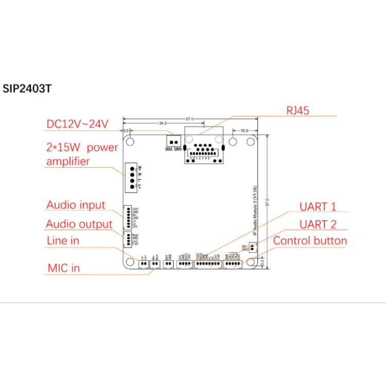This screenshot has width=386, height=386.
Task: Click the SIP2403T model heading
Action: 27,88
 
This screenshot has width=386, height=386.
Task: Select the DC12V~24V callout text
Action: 77,124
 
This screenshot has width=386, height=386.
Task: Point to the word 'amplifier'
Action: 68,161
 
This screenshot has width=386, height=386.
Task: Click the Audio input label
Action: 76,205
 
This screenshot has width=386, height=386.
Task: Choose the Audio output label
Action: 79,224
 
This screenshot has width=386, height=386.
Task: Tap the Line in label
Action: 63,240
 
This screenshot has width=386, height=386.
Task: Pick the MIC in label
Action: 63,268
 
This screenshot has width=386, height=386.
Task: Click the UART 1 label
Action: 318,206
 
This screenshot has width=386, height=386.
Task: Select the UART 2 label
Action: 318,224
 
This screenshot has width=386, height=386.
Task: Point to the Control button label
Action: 310,240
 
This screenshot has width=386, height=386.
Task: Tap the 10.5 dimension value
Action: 244,131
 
